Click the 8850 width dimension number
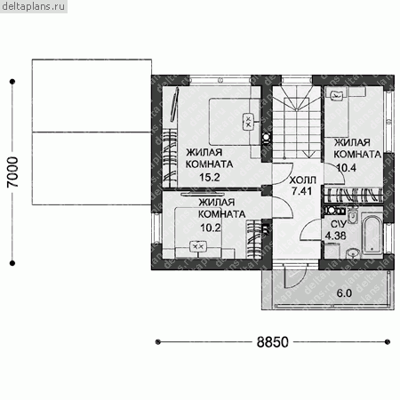pyautogui.click(x=272, y=342)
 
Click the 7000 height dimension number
pyautogui.click(x=12, y=172)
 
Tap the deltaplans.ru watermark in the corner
pyautogui.click(x=34, y=6)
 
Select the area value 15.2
pyautogui.click(x=210, y=178)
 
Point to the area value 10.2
pyautogui.click(x=211, y=228)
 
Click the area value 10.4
pyautogui.click(x=347, y=168)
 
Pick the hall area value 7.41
pyautogui.click(x=301, y=191)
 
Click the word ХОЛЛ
pyautogui.click(x=303, y=180)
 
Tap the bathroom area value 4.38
pyautogui.click(x=335, y=236)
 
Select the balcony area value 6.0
pyautogui.click(x=344, y=293)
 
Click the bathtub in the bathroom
pyautogui.click(x=372, y=235)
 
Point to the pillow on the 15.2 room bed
pyautogui.click(x=248, y=122)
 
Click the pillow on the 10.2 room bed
pyautogui.click(x=197, y=246)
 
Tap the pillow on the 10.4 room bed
pyautogui.click(x=336, y=94)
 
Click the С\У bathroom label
pyautogui.click(x=339, y=224)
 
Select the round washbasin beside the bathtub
pyautogui.click(x=353, y=253)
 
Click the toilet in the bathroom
pyautogui.click(x=353, y=216)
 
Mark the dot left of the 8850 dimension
pyautogui.click(x=158, y=342)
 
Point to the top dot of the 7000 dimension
pyautogui.click(x=12, y=82)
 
